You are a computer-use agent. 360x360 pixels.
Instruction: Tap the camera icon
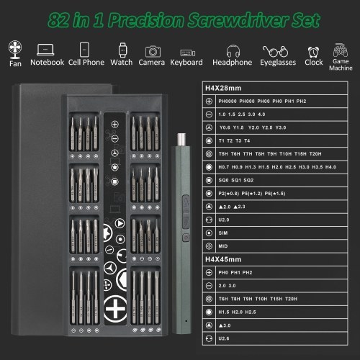coord(152,50)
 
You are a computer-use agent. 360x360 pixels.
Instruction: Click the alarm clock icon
coord(313,50)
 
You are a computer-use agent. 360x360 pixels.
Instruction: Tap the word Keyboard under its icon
coord(186,63)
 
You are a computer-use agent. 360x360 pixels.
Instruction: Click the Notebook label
coord(48,63)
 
